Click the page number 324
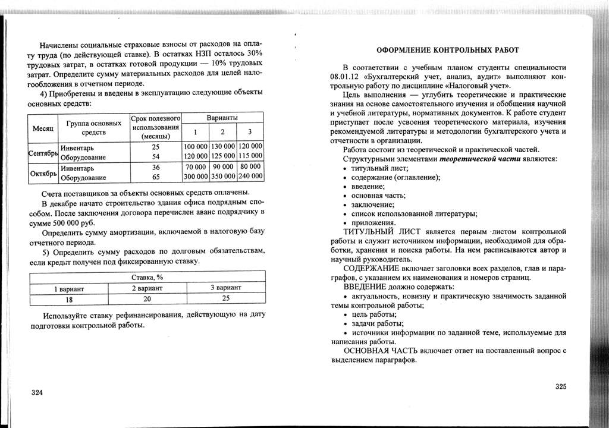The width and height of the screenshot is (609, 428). click(37, 393)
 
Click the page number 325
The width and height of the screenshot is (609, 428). click(561, 386)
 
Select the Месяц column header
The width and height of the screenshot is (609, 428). click(42, 128)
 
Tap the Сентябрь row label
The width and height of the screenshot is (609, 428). click(43, 153)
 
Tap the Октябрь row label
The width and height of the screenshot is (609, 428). click(43, 173)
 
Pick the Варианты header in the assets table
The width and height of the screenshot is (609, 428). click(222, 118)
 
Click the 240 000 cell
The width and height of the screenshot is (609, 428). click(250, 177)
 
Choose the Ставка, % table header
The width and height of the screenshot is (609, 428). click(147, 278)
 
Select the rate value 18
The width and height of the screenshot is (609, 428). click(69, 299)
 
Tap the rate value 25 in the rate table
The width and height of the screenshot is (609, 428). click(225, 298)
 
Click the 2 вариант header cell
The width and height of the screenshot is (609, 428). click(147, 288)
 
